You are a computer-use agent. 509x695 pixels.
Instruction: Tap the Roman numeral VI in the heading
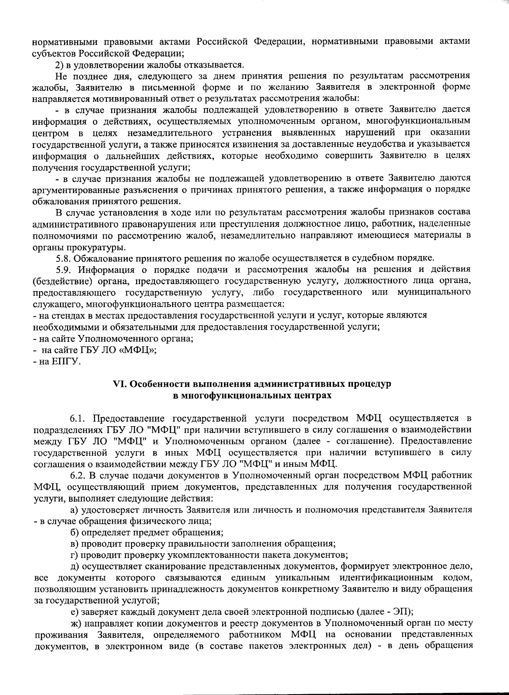[118, 384]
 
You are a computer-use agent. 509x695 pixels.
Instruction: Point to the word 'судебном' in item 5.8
[374, 258]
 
